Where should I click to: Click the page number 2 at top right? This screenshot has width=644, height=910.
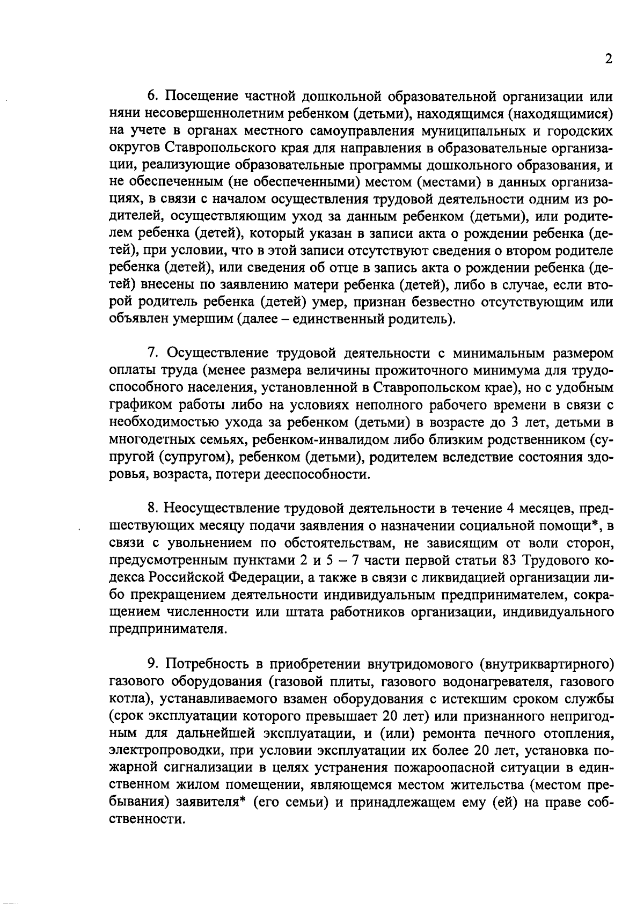(x=608, y=59)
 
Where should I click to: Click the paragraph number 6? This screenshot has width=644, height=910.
(x=152, y=96)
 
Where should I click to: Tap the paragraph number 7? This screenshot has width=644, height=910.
(x=152, y=354)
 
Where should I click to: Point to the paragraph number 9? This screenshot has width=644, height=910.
(x=152, y=664)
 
